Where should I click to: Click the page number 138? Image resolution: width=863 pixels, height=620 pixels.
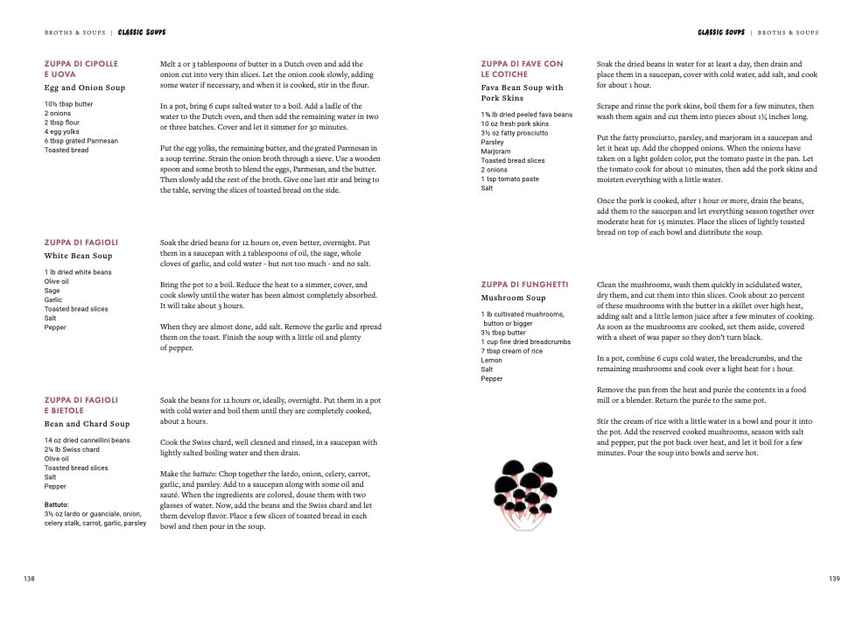coord(29,579)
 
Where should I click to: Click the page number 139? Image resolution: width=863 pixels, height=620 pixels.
coord(833,579)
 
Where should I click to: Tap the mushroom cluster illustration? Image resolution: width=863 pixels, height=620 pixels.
coord(526,493)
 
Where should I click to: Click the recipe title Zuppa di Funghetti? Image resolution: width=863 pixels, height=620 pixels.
coord(524,285)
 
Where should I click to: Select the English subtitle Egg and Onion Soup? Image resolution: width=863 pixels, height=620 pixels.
coord(85,88)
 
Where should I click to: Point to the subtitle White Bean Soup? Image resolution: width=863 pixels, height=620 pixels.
coord(79,257)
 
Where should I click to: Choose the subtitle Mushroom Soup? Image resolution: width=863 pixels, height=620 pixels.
coord(514,299)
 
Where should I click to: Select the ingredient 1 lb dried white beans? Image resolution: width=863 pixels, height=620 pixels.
coord(78,272)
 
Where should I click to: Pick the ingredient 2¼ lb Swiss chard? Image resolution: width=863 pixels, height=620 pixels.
coord(72,450)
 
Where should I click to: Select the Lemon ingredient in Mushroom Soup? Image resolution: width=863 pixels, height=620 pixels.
coord(491,361)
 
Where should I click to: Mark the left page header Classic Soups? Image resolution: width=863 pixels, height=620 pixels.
coord(142,32)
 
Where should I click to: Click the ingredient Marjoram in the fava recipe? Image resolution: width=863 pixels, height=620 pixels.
coord(496,151)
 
